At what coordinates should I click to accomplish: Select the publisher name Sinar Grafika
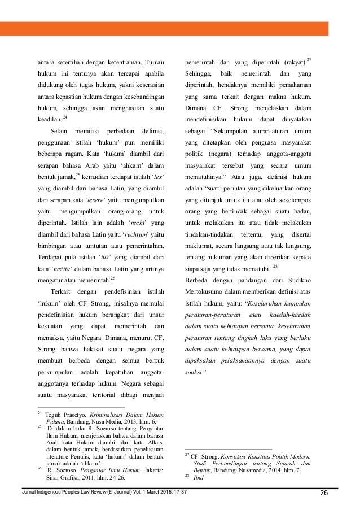(64, 476)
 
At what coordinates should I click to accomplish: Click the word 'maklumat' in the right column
(199, 230)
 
